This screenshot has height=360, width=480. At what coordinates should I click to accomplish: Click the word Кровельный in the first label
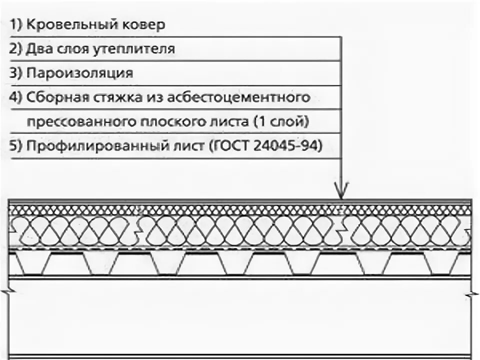(x=70, y=25)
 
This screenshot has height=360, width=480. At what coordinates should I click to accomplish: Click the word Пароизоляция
(x=79, y=73)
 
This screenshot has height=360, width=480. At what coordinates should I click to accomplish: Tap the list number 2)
(x=15, y=49)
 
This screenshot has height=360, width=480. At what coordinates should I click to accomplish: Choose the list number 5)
(x=15, y=146)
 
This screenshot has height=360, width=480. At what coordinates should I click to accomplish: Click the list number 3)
(x=15, y=73)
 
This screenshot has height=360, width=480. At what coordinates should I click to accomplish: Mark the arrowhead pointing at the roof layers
(x=341, y=191)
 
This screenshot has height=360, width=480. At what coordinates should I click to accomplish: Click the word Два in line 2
(x=38, y=49)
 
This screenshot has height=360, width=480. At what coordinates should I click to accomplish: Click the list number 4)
(x=15, y=97)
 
